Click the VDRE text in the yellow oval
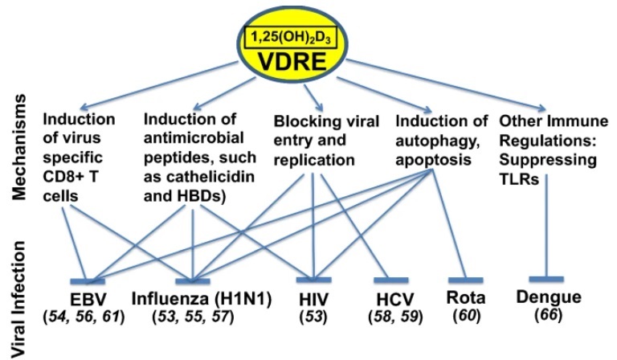pos(292,61)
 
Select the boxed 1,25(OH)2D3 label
pos(291,38)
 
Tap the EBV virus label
pos(88,300)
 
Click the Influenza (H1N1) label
pos(202,299)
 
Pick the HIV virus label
pos(313,300)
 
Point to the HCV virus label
pos(395,300)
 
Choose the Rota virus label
pos(466,298)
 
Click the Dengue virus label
pos(549,297)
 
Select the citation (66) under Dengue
pos(549,315)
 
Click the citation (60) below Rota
pos(467,316)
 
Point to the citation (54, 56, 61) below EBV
pos(84,317)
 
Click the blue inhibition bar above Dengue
pos(546,279)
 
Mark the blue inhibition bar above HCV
pos(390,280)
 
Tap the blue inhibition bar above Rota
pos(465,280)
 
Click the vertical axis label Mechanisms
pos(18,147)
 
